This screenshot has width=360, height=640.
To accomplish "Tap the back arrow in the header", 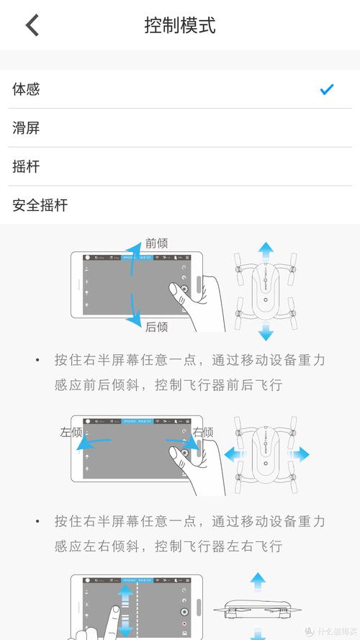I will tap(32, 25).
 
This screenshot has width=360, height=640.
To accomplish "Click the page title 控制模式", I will tap(180, 25).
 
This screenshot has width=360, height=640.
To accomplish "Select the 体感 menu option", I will tap(26, 89).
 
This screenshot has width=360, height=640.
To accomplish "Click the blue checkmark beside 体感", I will tap(327, 89).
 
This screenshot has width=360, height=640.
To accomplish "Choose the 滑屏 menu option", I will tap(26, 128).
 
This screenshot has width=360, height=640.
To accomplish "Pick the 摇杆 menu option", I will tap(26, 167).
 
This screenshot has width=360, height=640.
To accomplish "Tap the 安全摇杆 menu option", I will tap(40, 205).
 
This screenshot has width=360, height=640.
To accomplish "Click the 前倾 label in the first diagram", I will tap(156, 243).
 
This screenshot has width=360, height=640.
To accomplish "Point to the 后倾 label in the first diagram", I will tap(156, 327).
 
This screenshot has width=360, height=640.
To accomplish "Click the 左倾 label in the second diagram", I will tap(71, 432).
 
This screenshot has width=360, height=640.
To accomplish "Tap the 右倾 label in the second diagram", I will tap(203, 432).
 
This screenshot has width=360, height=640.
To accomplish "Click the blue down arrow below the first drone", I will tap(266, 332).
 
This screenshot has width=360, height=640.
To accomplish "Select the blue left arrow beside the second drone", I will tap(233, 454).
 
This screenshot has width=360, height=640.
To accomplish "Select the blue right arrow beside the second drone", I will tap(300, 454).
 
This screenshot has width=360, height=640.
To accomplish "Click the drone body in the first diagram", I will tap(266, 292).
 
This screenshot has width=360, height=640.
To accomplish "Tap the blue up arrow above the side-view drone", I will tap(258, 580).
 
